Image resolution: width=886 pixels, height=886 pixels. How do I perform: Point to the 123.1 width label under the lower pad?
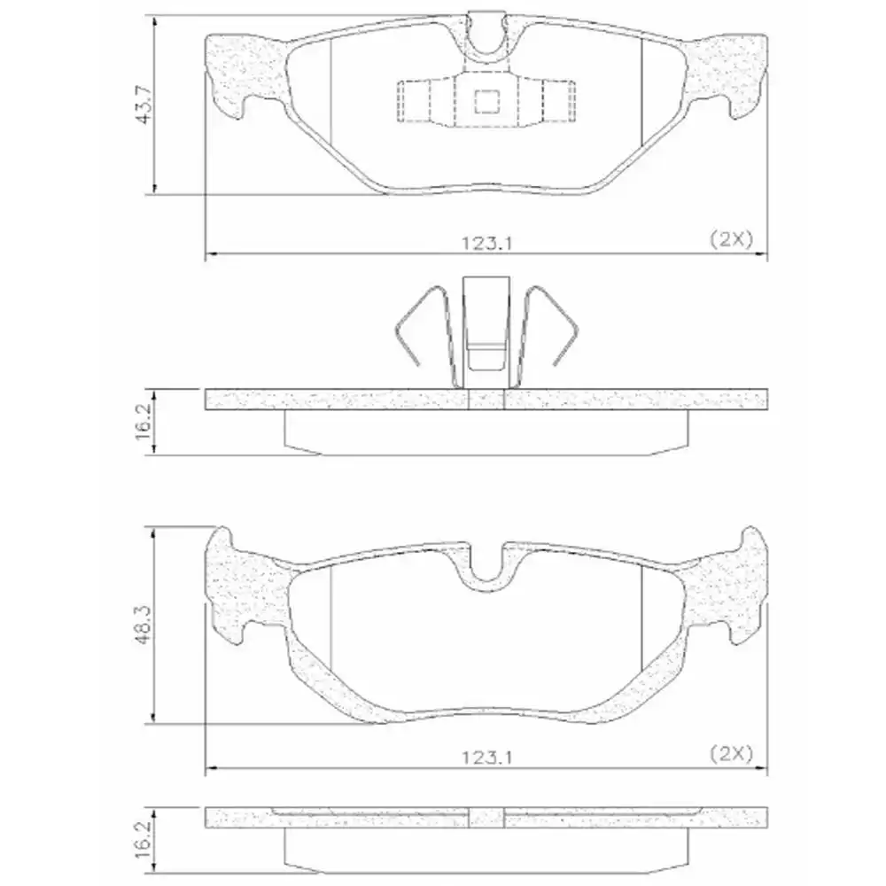click(486, 756)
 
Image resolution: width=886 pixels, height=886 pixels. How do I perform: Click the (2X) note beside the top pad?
click(730, 238)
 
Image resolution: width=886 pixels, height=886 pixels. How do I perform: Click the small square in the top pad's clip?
click(486, 102)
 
